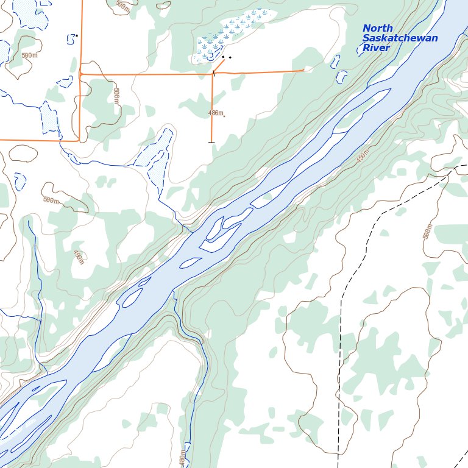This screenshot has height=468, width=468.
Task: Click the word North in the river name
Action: pos(378,29)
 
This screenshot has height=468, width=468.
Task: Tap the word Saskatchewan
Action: pos(400,38)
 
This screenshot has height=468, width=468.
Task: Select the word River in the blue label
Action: pos(376,48)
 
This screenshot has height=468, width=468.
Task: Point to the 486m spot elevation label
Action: pos(216,113)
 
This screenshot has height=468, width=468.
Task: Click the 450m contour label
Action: pos(363,157)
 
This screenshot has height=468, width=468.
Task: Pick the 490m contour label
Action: pos(79,257)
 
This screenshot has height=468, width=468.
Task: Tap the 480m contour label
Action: pos(182,458)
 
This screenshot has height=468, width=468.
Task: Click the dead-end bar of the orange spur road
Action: pos(211,142)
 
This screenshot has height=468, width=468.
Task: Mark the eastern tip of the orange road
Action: pos(303,70)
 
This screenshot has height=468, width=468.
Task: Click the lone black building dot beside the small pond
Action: pos(77,35)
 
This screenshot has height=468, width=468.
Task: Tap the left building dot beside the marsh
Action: pos(223,57)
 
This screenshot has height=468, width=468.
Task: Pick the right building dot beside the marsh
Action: pos(230,57)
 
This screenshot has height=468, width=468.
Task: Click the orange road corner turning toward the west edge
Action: pos(79,140)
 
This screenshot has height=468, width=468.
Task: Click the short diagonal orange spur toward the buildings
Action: pos(218,65)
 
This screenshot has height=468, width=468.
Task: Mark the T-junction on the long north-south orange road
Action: pos(80,74)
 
